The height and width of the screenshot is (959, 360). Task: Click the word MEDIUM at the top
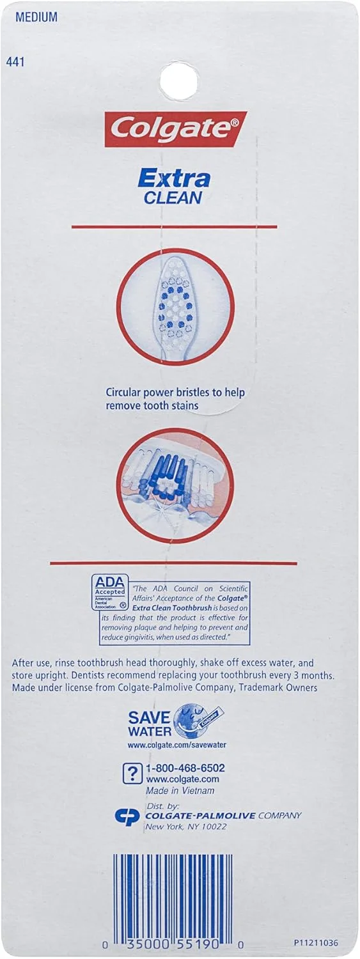(x=36, y=17)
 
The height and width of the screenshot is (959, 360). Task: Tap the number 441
(x=15, y=62)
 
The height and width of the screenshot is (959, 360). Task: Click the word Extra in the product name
(x=174, y=179)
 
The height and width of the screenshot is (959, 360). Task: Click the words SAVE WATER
(x=150, y=724)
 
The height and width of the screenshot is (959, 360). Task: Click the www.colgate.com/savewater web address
(x=176, y=745)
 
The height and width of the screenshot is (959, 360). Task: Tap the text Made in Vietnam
(x=180, y=790)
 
